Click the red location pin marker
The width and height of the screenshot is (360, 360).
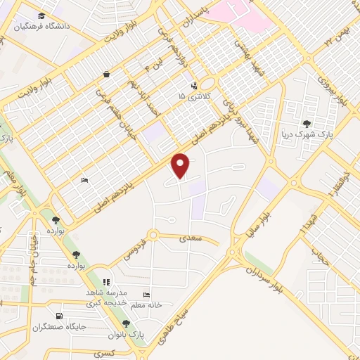point(181,165)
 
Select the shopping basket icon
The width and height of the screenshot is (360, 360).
point(106,74)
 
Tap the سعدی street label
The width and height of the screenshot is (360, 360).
point(191,240)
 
